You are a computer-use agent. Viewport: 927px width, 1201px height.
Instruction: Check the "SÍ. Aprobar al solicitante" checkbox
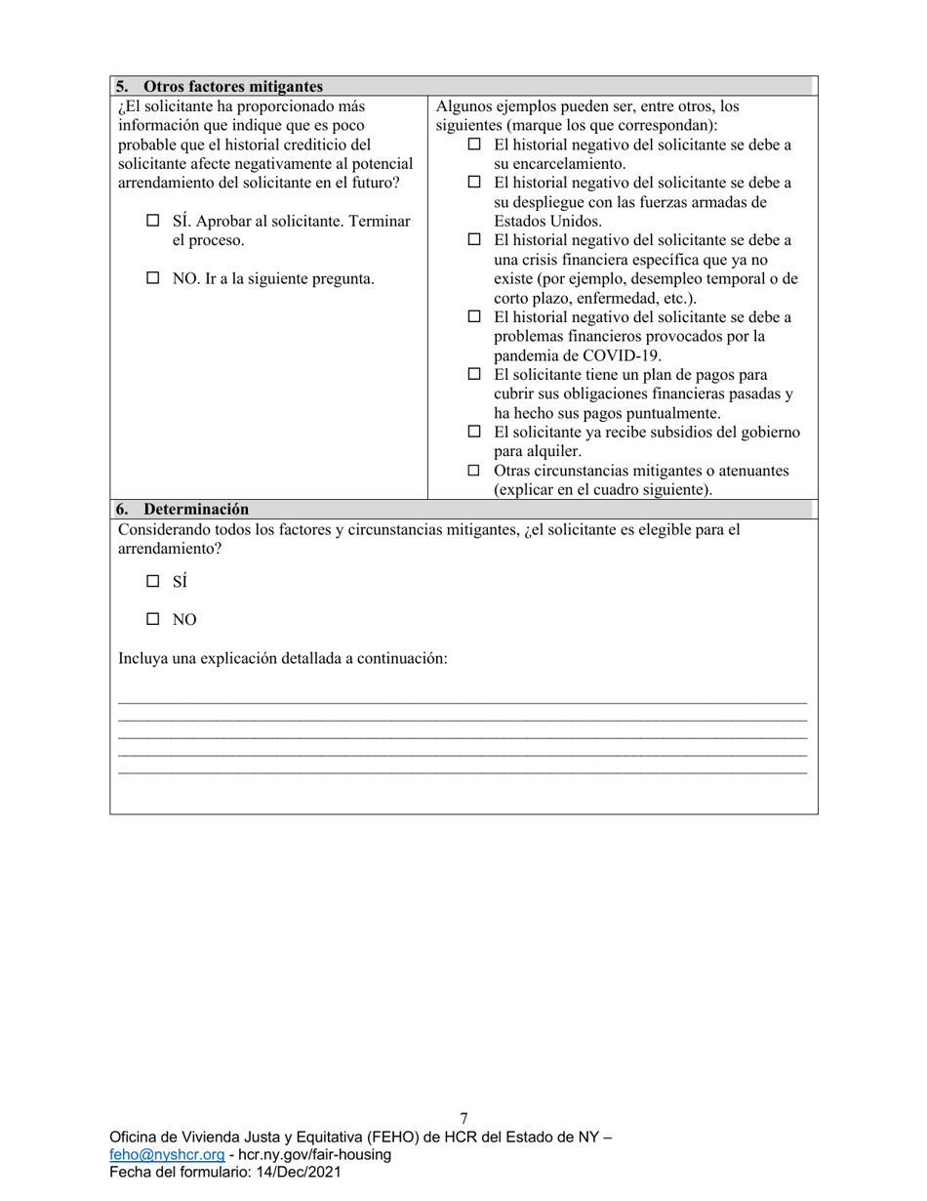pos(152,222)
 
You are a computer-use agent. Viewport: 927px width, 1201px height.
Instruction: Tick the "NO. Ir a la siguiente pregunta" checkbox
pos(152,278)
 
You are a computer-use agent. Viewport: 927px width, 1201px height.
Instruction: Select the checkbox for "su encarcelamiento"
pos(474,145)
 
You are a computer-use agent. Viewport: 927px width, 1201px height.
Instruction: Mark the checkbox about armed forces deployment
pos(474,183)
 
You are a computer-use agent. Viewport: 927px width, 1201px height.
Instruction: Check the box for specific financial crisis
pos(474,240)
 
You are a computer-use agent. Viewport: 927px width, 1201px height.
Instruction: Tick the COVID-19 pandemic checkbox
pos(474,317)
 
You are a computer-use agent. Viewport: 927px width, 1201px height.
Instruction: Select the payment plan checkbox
pos(474,375)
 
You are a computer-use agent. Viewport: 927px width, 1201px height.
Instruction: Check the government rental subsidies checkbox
pos(474,432)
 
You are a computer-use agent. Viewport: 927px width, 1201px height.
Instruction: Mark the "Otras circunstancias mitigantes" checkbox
pos(474,471)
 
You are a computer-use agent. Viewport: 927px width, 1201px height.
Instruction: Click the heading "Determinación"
pos(195,509)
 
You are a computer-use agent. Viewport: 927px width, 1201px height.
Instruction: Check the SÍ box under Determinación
pos(152,581)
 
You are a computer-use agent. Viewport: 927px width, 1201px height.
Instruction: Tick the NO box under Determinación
pos(152,619)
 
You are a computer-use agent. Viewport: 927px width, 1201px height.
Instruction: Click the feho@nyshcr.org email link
pos(161,1155)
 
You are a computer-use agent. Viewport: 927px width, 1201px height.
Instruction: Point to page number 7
pos(463,1119)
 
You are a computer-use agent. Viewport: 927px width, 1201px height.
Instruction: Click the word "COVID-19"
pos(627,355)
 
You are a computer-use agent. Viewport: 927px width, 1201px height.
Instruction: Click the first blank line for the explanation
pos(463,701)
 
